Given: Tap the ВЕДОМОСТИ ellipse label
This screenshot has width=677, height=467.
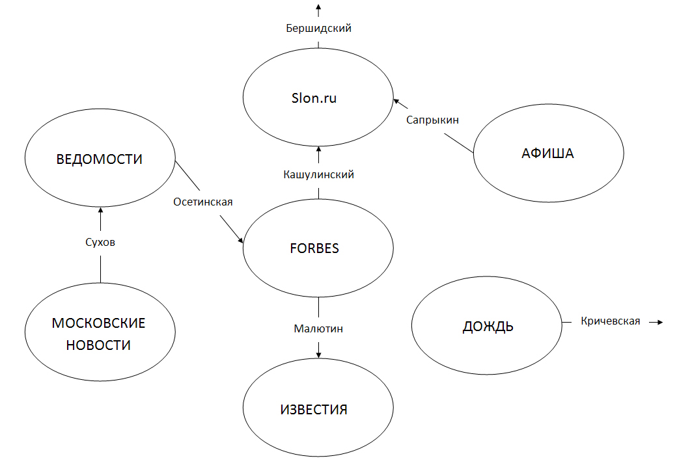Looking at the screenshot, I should (100, 159).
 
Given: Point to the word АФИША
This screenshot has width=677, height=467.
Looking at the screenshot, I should (548, 154).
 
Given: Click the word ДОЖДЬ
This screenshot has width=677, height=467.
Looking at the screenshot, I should (488, 327).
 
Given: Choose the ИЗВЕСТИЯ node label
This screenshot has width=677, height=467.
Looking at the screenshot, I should (314, 410).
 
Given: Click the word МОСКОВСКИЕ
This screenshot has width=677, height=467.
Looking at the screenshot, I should (99, 323).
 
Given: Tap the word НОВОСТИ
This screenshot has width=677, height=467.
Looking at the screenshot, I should (99, 345).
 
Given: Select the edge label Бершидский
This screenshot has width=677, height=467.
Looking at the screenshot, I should (319, 28).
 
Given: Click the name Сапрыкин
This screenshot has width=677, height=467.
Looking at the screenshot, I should (432, 120).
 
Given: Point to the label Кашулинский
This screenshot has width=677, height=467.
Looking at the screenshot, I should (319, 174).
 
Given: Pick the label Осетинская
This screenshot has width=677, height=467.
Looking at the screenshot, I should (203, 202).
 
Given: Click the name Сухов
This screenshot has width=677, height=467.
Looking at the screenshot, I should (100, 243).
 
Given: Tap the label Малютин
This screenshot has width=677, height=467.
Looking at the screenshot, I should (318, 329).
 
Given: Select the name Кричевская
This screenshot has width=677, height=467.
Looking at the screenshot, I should (610, 321).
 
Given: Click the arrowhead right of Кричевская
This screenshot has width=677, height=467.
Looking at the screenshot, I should (659, 322).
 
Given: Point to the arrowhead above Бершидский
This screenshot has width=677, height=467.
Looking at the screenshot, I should (319, 8).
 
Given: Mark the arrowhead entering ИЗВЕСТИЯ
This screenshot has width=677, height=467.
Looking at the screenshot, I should (319, 354).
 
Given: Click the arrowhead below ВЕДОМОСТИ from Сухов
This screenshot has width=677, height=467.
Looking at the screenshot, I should (100, 211).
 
